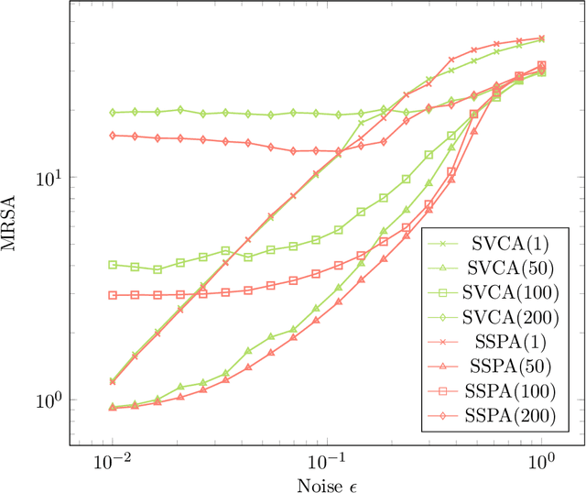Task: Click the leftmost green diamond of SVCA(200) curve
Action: point(113,113)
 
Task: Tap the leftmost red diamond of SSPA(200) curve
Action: point(113,136)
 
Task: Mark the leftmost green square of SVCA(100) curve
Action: point(113,265)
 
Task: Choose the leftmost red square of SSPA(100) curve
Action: point(113,295)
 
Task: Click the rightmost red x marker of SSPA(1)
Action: point(542,38)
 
